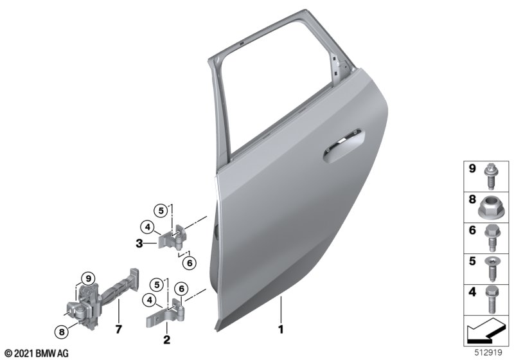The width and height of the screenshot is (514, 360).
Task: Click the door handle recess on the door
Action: click(344, 145)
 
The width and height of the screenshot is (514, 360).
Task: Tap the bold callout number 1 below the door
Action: click(281, 329)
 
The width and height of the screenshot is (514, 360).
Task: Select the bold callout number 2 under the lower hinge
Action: click(166, 339)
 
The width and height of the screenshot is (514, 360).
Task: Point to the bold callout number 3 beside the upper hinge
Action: click(139, 244)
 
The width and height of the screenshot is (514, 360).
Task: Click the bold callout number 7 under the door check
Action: click(118, 329)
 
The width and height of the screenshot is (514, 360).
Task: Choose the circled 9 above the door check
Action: click(88, 279)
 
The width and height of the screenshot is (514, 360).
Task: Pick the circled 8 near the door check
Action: click(62, 332)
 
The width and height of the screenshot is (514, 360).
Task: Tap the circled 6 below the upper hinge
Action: click(189, 263)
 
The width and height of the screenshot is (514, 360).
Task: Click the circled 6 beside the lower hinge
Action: click(181, 289)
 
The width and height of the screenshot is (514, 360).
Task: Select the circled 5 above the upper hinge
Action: click(161, 210)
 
